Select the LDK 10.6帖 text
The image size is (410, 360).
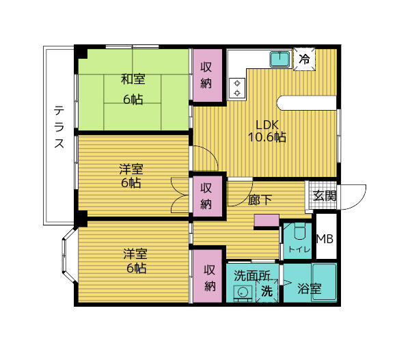tap(266, 130)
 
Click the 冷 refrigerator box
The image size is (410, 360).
tap(304, 59)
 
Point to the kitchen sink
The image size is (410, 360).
tap(280, 59)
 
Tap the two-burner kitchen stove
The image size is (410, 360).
tap(237, 87)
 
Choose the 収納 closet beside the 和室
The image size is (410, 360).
tap(207, 76)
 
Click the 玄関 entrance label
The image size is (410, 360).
tap(324, 196)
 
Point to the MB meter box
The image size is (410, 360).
tap(325, 238)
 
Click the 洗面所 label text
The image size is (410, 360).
tap(252, 275)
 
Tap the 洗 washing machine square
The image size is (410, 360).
tap(266, 290)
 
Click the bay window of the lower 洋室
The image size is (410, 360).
tap(68, 260)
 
